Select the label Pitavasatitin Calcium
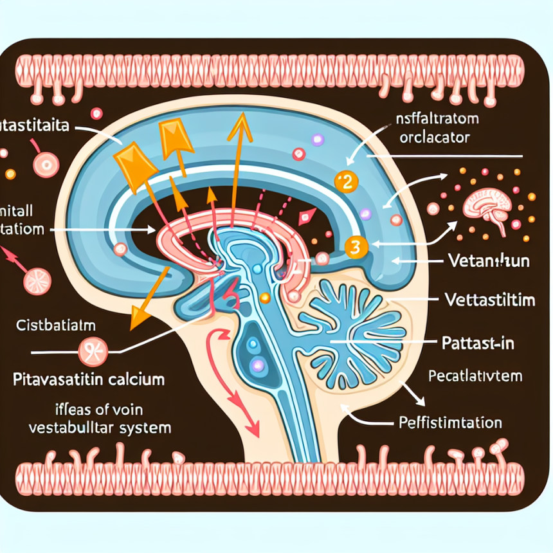89,379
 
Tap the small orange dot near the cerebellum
264,297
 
